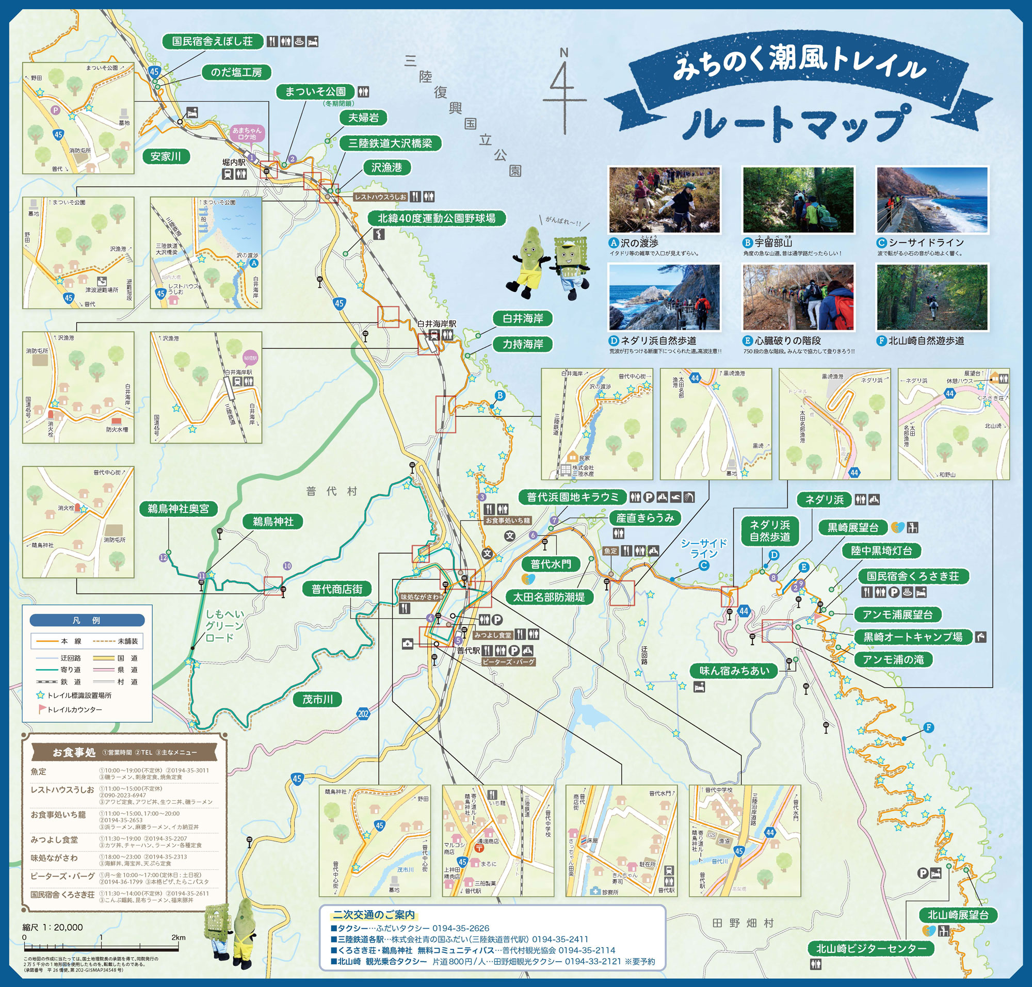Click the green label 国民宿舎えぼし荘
click(x=212, y=41)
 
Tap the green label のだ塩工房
click(x=236, y=72)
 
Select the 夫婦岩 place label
click(x=363, y=117)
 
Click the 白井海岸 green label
click(x=523, y=318)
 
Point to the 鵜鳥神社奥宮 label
click(x=179, y=508)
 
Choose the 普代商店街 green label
click(x=337, y=589)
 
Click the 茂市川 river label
click(x=317, y=699)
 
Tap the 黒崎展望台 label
click(x=852, y=527)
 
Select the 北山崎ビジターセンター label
click(x=871, y=949)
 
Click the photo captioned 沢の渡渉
click(x=664, y=200)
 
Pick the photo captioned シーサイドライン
click(x=932, y=200)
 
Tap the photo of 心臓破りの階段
click(x=798, y=297)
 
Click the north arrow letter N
click(x=563, y=53)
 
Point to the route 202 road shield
click(x=363, y=714)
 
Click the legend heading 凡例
click(x=87, y=620)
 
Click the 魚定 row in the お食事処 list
click(x=38, y=771)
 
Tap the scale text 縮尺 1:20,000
click(x=53, y=927)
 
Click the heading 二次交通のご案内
click(x=374, y=914)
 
